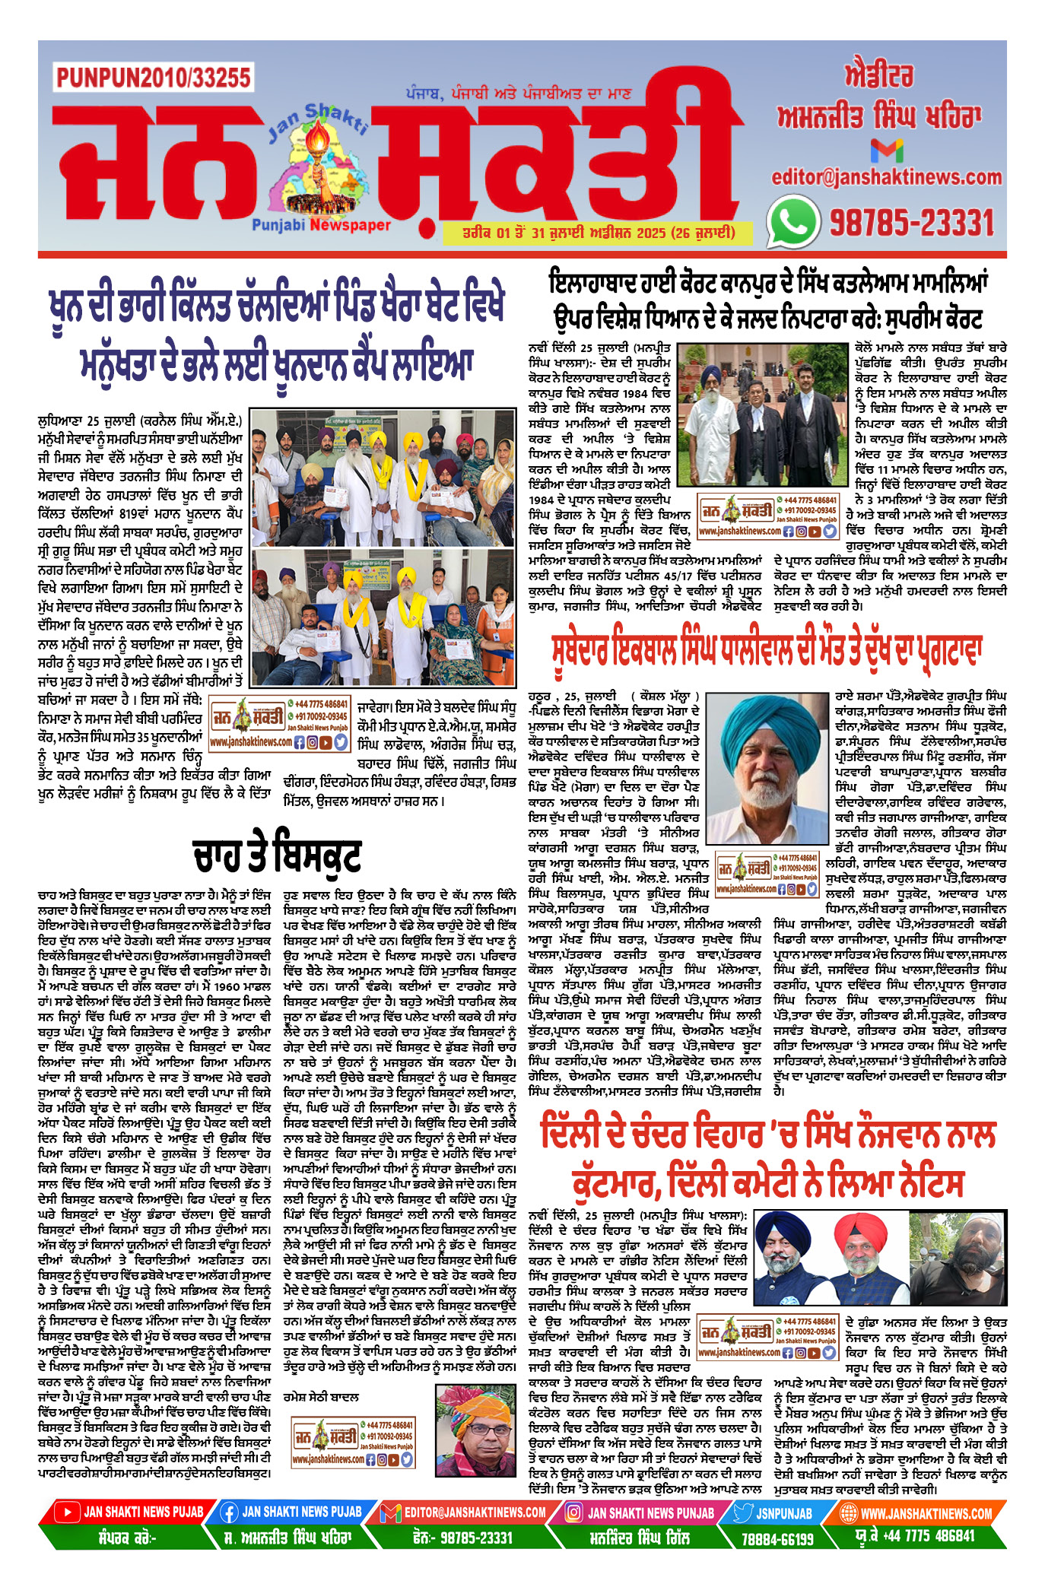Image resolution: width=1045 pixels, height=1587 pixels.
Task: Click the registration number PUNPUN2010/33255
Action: point(153,78)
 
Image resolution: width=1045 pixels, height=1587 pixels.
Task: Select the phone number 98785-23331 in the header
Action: point(911,223)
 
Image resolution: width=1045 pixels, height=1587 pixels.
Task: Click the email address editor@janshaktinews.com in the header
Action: point(886,177)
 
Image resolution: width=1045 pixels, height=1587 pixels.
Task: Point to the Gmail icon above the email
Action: point(886,150)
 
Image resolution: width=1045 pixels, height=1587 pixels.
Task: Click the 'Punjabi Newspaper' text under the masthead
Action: point(321,225)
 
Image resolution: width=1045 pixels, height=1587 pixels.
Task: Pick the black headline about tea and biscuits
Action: point(276,855)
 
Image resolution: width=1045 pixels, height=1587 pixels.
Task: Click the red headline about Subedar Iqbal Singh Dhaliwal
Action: point(767,652)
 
